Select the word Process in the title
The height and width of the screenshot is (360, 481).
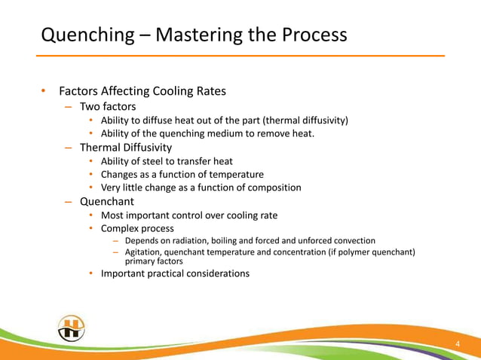coord(310,35)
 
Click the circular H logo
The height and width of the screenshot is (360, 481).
coord(72,328)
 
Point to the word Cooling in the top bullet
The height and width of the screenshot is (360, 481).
coord(174,92)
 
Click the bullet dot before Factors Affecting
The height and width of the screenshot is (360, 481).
coord(44,92)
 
